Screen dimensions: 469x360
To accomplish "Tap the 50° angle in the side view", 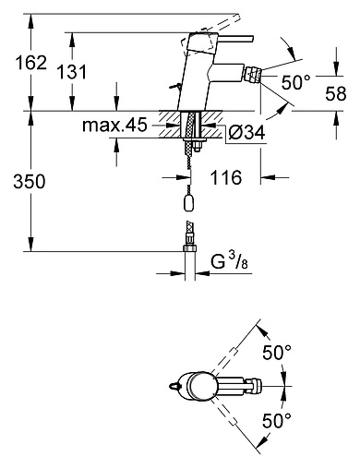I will pos(294,83).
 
